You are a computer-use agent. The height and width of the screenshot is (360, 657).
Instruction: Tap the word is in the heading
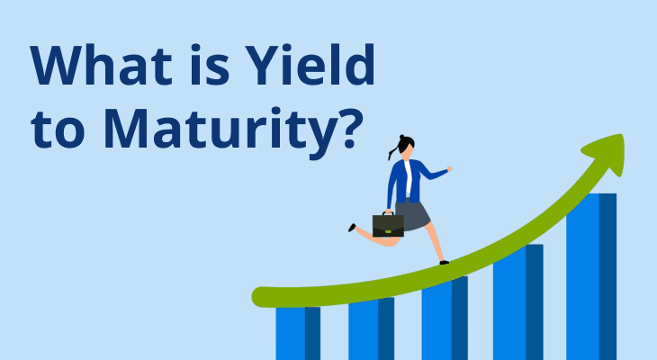227,66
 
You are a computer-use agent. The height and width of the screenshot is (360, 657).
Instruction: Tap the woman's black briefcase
388,225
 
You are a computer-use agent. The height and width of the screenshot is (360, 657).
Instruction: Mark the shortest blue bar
297,333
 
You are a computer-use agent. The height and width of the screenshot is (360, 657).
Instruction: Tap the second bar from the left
371,329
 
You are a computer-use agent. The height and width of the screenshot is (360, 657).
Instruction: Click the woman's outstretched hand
448,167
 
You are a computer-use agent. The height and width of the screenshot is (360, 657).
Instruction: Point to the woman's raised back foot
352,228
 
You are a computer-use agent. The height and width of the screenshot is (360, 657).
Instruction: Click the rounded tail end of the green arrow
261,296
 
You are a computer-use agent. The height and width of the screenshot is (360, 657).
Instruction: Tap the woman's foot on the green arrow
443,262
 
